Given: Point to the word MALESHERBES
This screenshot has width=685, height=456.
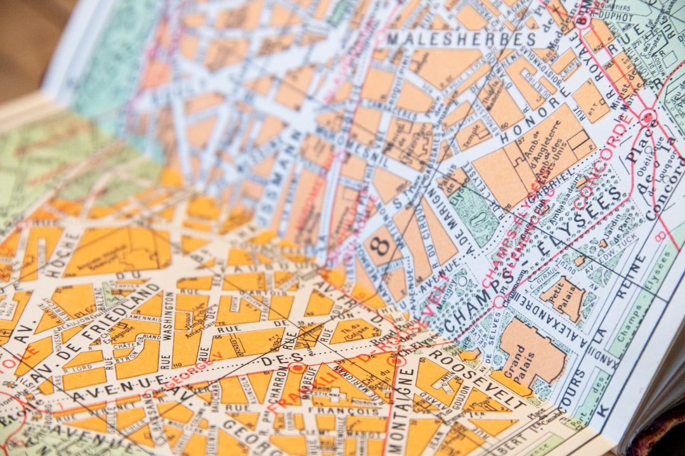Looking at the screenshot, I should point(461,38).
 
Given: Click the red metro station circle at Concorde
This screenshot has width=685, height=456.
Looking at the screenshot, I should point(647,117).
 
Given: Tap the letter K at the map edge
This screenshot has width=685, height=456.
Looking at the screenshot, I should point(603,412).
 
